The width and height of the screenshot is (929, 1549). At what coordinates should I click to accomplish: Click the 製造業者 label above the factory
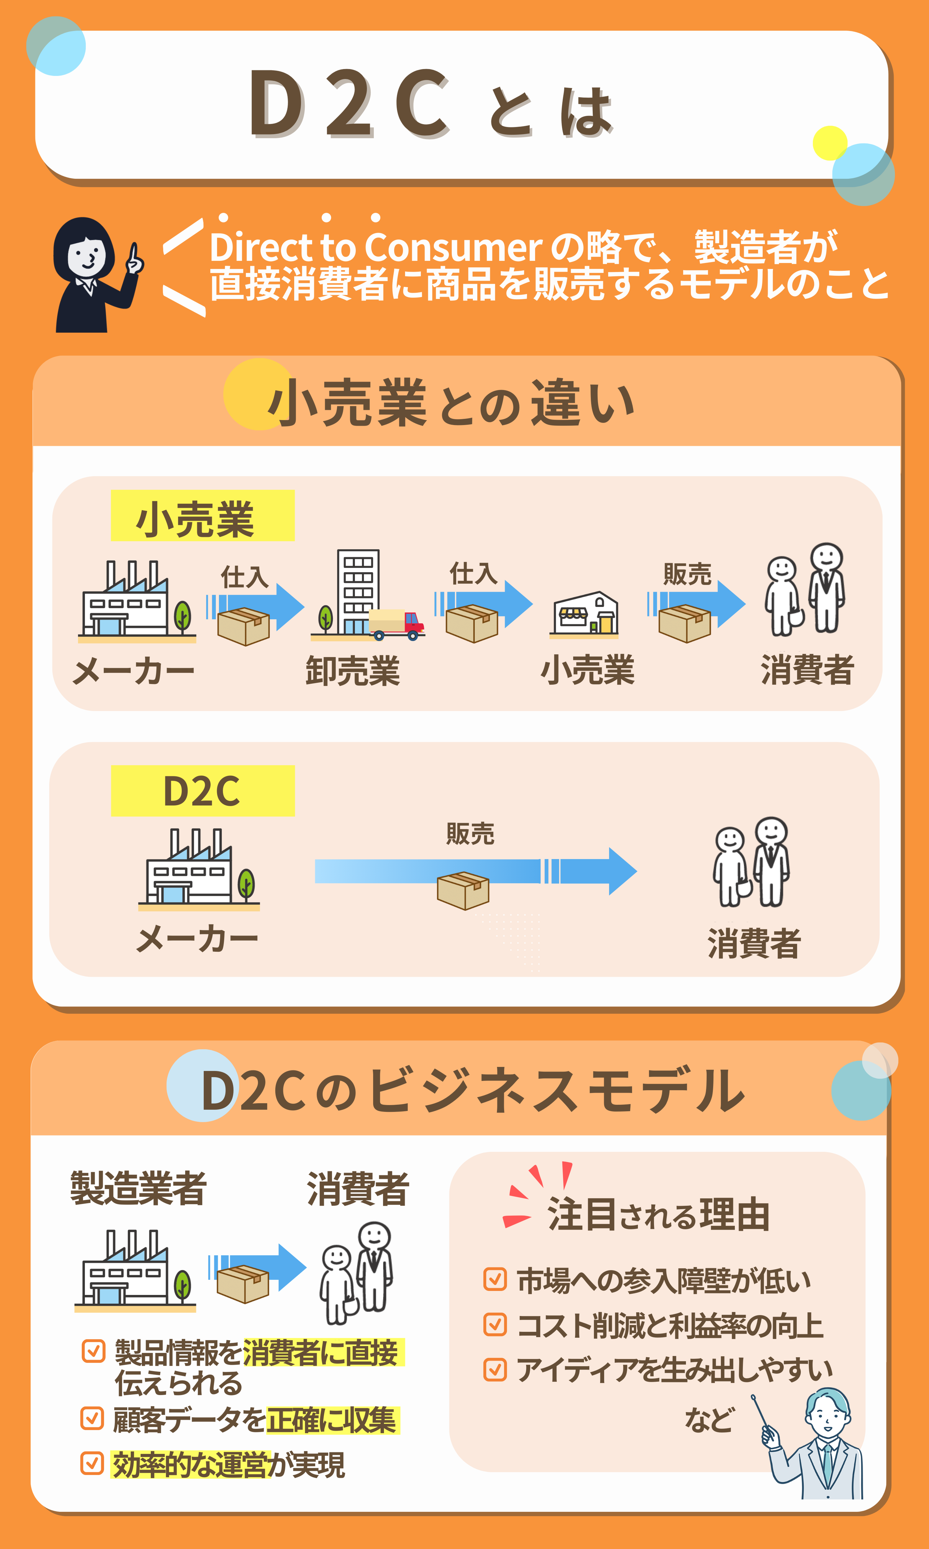[x=138, y=1188]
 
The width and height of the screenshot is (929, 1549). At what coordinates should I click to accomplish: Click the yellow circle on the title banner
[x=830, y=143]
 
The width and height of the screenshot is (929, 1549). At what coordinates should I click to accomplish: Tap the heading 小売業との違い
[x=451, y=404]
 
